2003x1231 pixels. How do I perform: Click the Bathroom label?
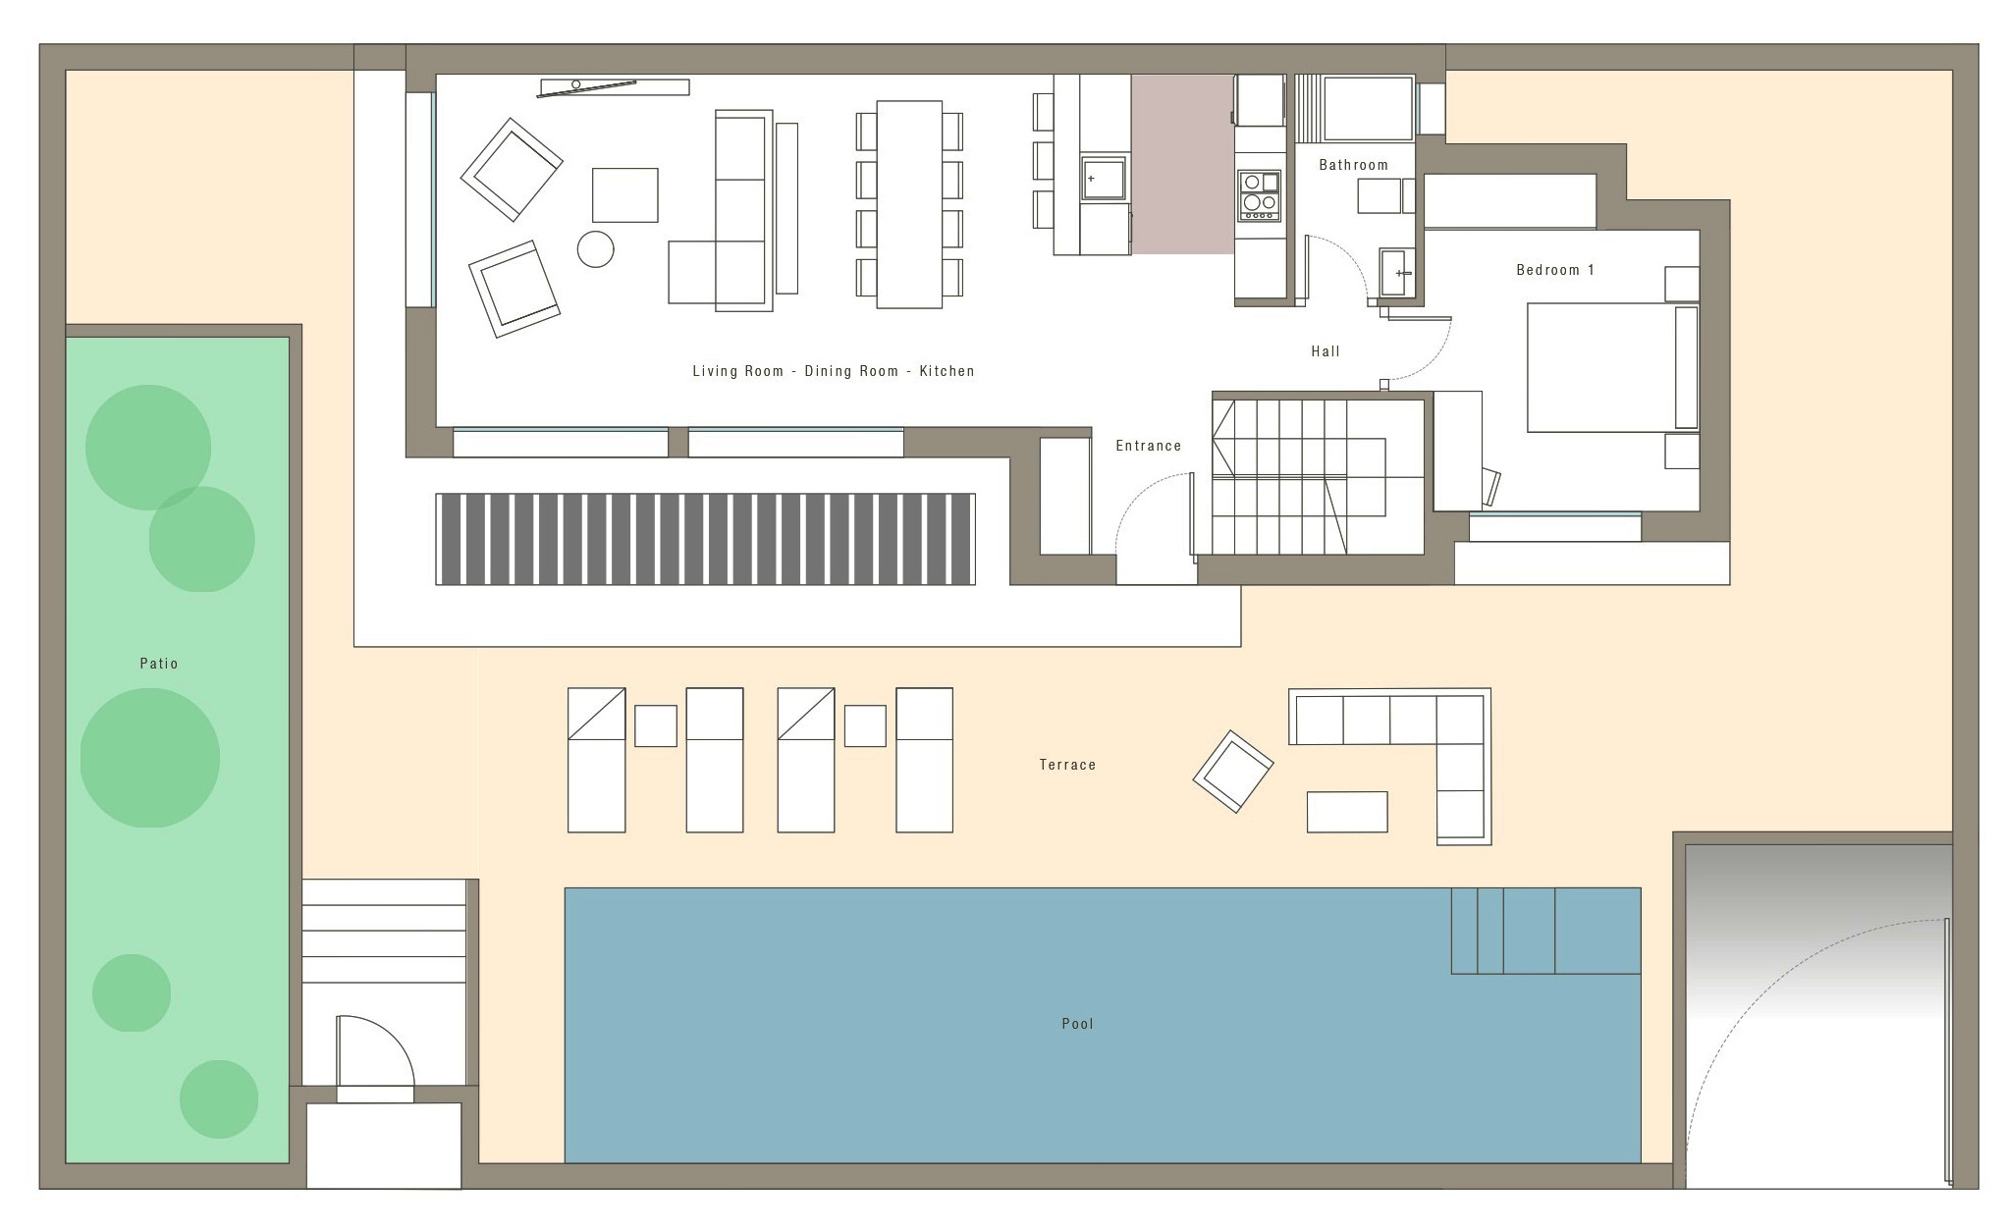[x=1353, y=165]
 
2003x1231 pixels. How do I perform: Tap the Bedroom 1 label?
[x=1555, y=270]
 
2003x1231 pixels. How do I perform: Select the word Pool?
[x=1077, y=1024]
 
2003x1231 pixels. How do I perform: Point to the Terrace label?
[x=1067, y=765]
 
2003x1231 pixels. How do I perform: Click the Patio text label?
[x=159, y=664]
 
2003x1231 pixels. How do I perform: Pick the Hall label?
[x=1326, y=351]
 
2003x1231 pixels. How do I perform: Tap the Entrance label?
[x=1149, y=446]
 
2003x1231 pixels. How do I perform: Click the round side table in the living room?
[x=596, y=249]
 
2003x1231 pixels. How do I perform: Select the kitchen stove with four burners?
[x=1260, y=195]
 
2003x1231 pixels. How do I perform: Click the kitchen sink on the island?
[x=1104, y=180]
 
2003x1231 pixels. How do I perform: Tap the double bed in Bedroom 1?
[x=1612, y=368]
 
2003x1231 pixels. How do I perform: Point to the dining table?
[x=909, y=204]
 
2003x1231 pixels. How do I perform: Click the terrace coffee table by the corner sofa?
[x=1347, y=812]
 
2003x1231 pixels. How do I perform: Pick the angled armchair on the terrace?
[x=1233, y=772]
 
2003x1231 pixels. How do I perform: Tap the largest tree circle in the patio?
[x=150, y=758]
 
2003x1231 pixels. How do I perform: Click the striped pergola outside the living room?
[x=705, y=539]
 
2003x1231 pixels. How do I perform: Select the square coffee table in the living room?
[x=624, y=195]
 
